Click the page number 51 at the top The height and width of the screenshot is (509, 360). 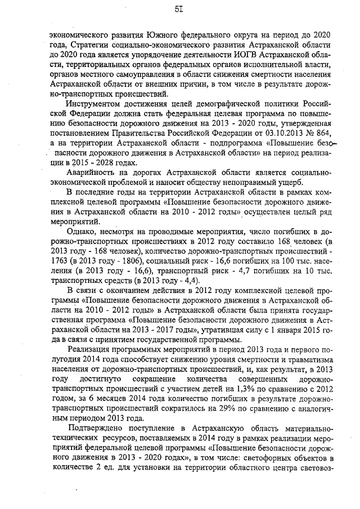coord(179,10)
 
